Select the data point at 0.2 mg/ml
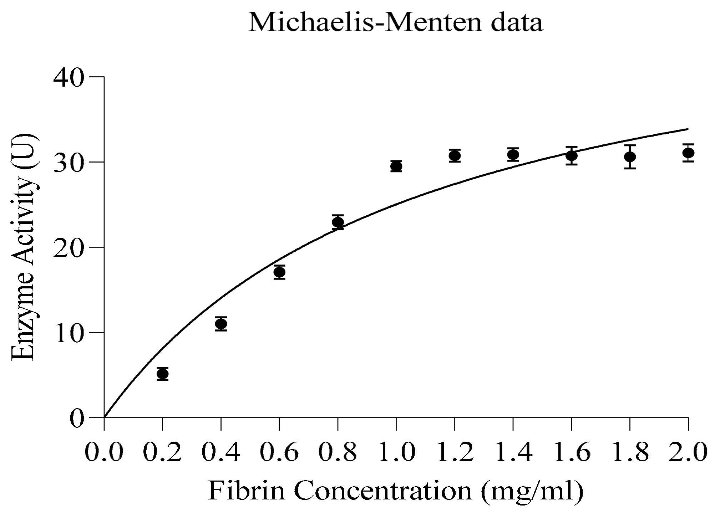pos(163,374)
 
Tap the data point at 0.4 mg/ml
pos(221,324)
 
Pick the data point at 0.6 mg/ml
pos(279,272)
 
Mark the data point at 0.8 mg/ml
pos(338,222)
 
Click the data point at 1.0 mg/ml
pos(396,166)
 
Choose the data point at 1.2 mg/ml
pos(455,156)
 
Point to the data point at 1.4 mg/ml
pos(513,155)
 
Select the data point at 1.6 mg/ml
pos(572,155)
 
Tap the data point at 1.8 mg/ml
pos(630,156)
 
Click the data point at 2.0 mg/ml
pos(688,153)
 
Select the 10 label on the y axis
pos(69,332)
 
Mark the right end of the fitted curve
pos(687,129)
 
